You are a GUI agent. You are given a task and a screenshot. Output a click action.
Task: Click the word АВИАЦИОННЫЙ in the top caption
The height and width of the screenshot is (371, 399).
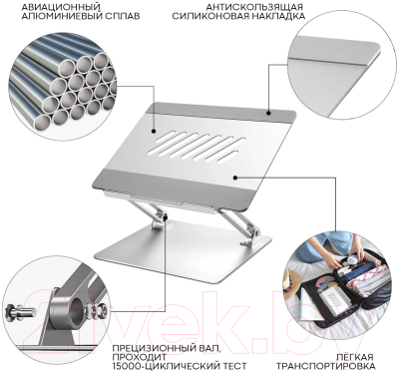(61, 6)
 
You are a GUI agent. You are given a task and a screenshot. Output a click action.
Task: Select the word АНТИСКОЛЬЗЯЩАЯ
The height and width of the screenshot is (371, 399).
(254, 7)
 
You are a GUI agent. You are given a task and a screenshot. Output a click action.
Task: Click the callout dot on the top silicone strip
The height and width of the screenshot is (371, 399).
(268, 114)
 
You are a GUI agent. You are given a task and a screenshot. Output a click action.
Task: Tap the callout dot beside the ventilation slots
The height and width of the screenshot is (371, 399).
(154, 131)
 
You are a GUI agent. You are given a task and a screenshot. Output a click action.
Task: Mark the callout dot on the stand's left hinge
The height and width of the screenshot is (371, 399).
(166, 218)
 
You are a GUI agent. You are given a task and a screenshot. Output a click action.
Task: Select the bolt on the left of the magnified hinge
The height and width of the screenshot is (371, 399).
(20, 311)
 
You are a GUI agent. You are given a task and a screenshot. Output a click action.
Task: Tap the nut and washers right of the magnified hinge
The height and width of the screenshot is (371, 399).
(96, 311)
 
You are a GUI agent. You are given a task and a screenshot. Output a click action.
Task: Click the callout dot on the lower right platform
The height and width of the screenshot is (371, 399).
(235, 178)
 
